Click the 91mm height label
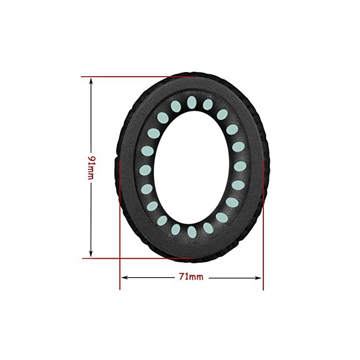point(92,168)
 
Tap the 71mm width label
point(191,277)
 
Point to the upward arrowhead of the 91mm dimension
point(91,81)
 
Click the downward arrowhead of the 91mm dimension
point(91,254)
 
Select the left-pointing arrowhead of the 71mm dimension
point(124,278)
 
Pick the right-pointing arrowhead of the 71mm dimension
point(258,278)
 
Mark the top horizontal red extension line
point(138,77)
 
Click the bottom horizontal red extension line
point(138,258)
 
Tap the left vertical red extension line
point(120,225)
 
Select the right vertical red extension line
point(263,225)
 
